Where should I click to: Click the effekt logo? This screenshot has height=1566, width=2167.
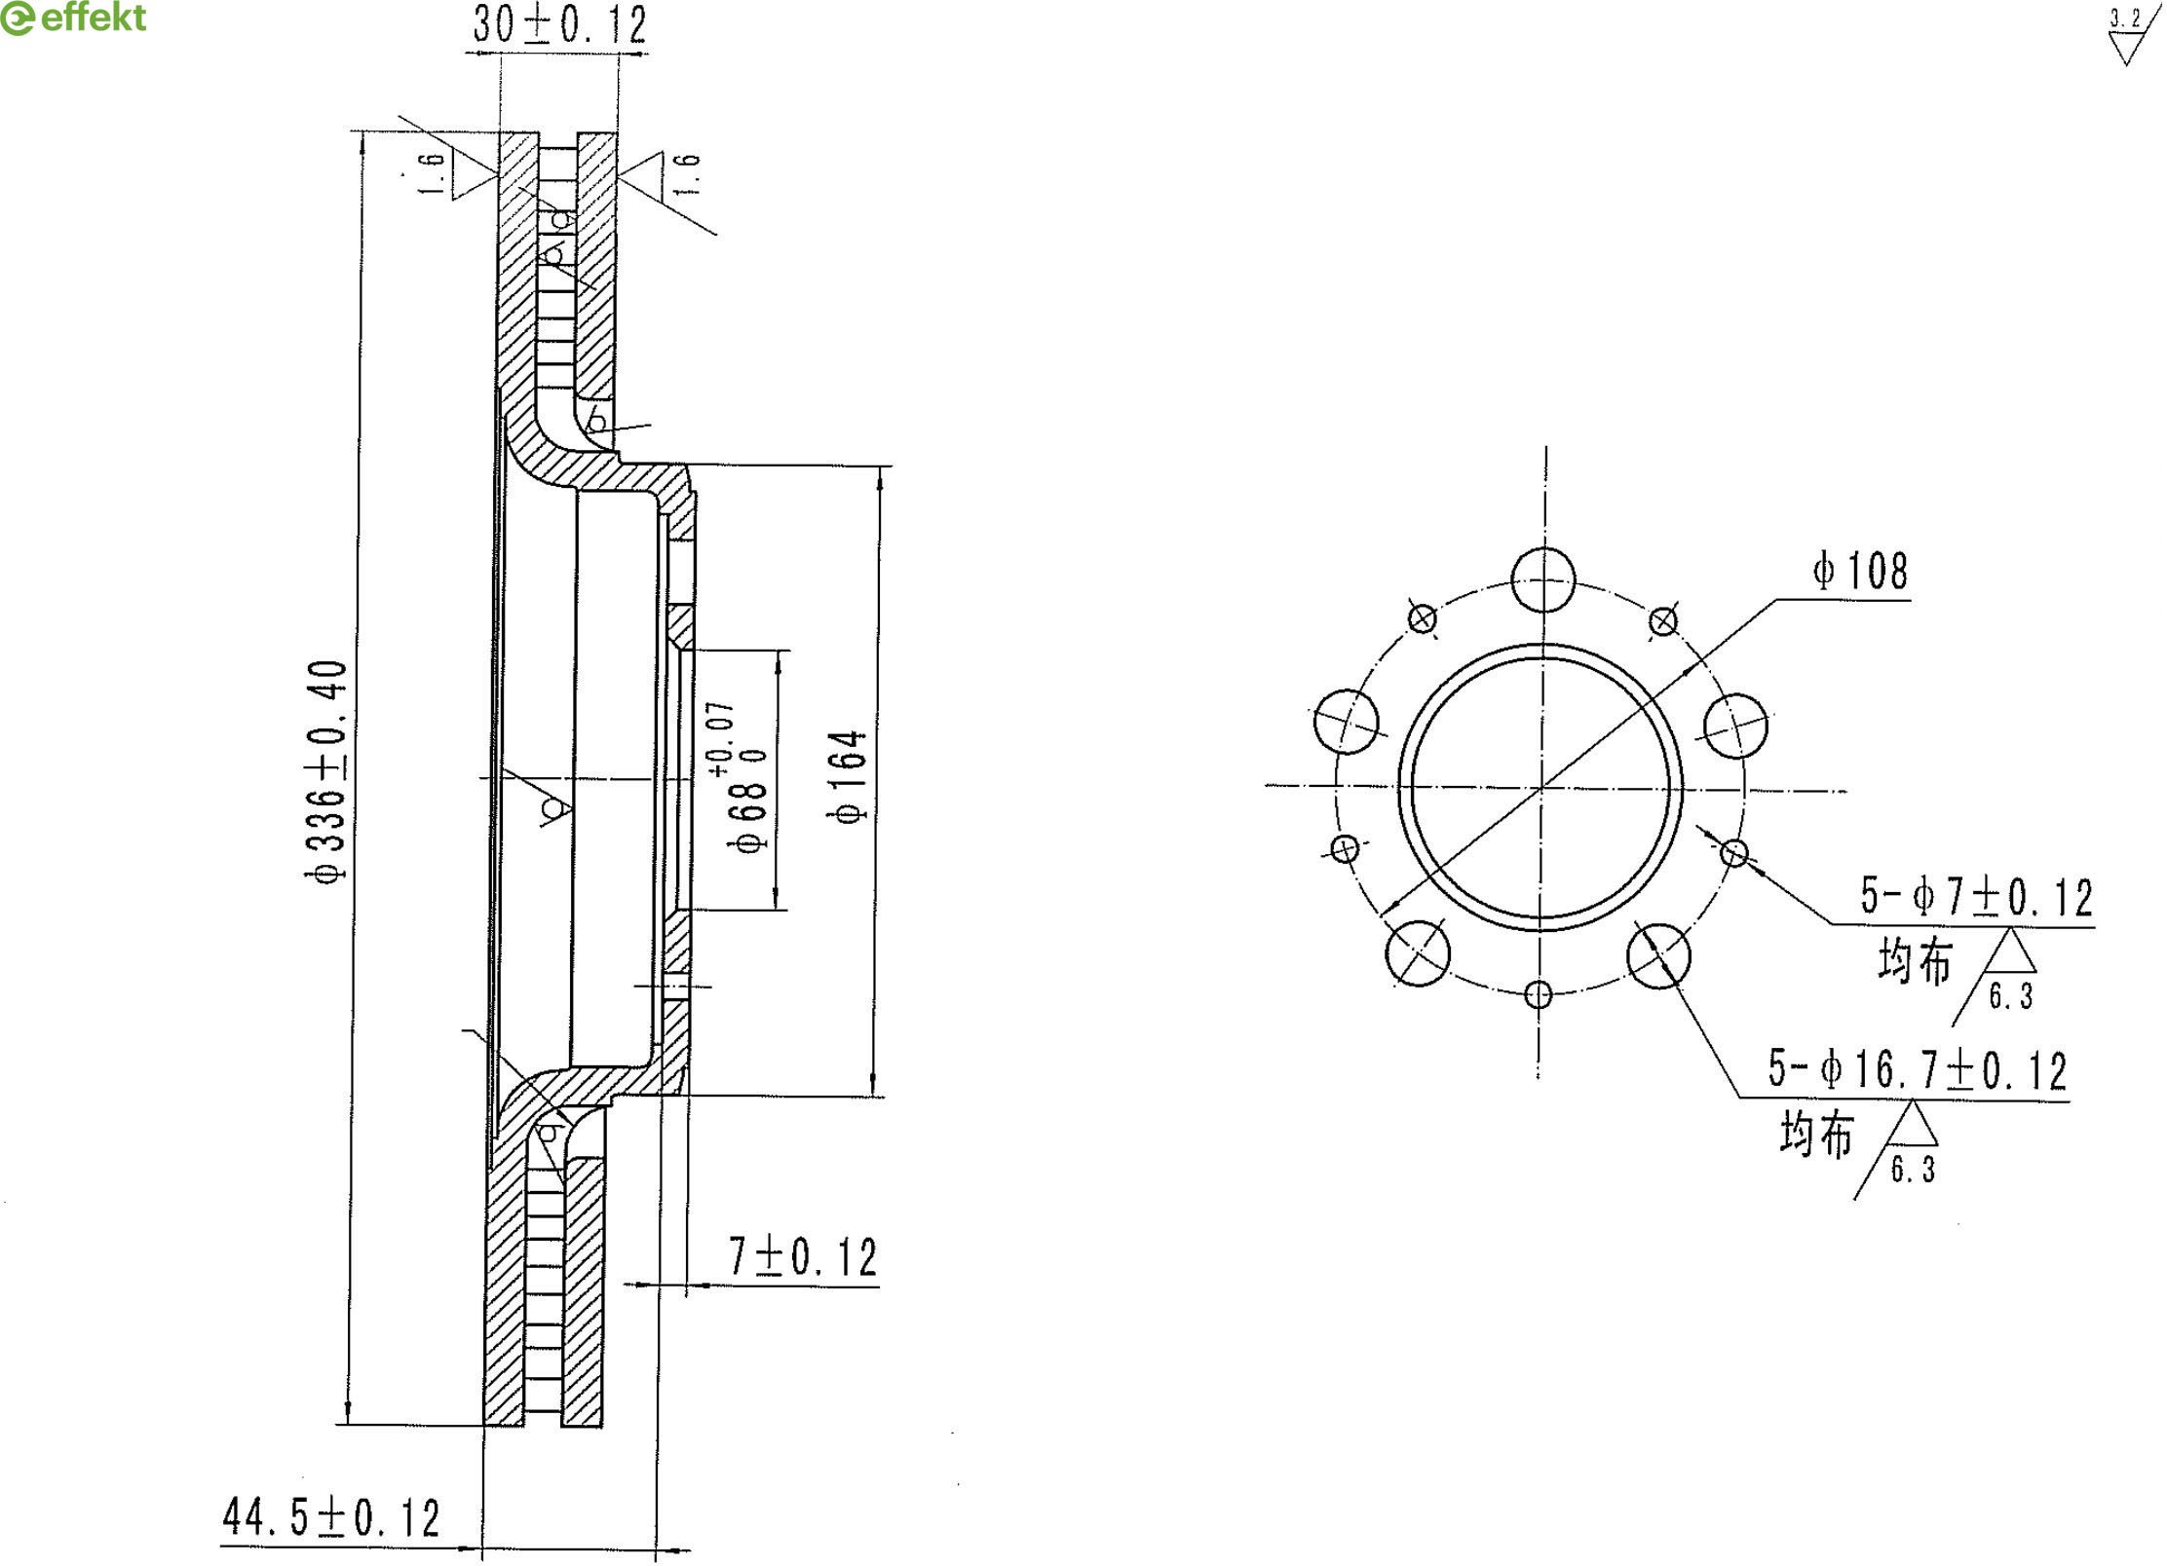coord(73,18)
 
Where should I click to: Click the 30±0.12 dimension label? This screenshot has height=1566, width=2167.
coord(559,24)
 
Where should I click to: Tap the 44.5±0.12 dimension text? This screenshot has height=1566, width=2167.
coord(331,1517)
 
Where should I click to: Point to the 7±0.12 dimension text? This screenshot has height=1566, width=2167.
coord(803,1257)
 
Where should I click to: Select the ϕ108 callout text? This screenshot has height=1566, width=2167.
coord(1860,571)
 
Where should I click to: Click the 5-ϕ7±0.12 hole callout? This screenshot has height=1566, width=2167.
coord(1976,897)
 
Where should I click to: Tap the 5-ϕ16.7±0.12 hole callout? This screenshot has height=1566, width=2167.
coord(1917,1069)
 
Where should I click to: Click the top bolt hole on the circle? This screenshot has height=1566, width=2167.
coord(1543,579)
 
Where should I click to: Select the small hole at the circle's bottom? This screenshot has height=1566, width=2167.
coord(1538,994)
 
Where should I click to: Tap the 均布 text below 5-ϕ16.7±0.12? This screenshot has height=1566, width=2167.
coord(1816,1134)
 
